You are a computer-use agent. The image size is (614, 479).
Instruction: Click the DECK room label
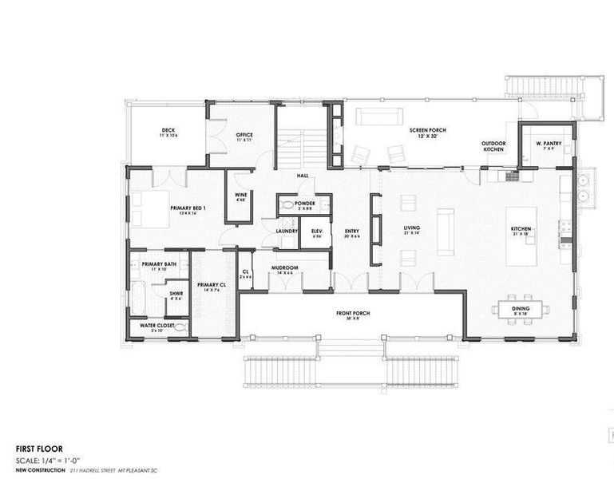pyautogui.click(x=168, y=131)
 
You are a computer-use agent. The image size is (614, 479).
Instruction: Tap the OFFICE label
pyautogui.click(x=244, y=135)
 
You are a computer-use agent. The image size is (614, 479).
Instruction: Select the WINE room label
pyautogui.click(x=240, y=195)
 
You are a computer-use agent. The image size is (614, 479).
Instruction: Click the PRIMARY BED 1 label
pyautogui.click(x=188, y=208)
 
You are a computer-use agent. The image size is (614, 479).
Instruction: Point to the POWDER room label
pyautogui.click(x=305, y=204)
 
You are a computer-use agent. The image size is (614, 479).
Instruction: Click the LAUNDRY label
pyautogui.click(x=287, y=232)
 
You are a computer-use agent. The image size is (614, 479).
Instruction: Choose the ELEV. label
pyautogui.click(x=316, y=232)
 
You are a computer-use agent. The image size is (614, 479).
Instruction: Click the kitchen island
pyautogui.click(x=521, y=236)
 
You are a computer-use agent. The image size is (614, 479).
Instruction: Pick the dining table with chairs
pyautogui.click(x=521, y=310)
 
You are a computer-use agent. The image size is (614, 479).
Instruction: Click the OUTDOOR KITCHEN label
pyautogui.click(x=493, y=147)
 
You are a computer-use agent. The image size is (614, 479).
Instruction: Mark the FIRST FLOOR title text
pyautogui.click(x=39, y=449)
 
